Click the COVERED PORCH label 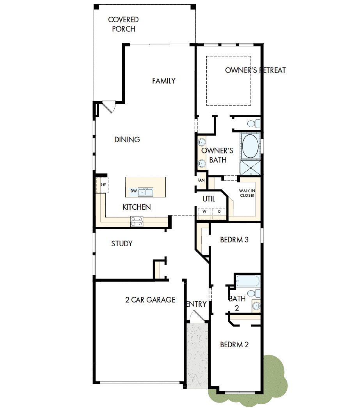[x=123, y=24]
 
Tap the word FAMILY [x=164, y=81]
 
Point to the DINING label [x=127, y=140]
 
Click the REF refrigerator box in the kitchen [x=103, y=185]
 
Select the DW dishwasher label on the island [x=133, y=191]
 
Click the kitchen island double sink [x=145, y=192]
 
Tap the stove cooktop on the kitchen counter [x=137, y=221]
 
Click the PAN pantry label [x=201, y=180]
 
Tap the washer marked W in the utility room [x=204, y=212]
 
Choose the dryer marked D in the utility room [x=219, y=212]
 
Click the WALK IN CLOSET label [x=247, y=193]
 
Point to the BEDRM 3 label [x=234, y=240]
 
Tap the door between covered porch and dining [x=107, y=106]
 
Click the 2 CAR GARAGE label [x=150, y=300]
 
